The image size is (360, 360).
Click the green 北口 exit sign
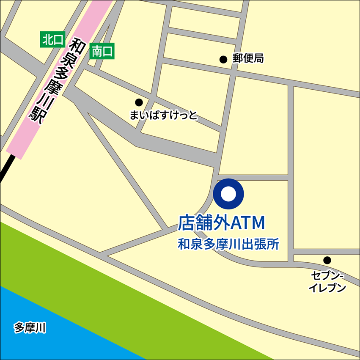click(x=52, y=40)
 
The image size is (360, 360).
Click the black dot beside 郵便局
click(x=223, y=59)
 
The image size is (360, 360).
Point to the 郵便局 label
click(x=248, y=59)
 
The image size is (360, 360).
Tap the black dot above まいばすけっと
click(x=139, y=102)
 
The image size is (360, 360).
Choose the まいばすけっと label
click(x=163, y=115)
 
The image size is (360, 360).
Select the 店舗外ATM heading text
click(x=221, y=223)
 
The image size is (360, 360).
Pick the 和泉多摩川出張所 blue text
click(x=228, y=245)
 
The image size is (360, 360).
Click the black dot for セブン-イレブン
click(x=327, y=260)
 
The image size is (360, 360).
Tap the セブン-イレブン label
click(x=327, y=282)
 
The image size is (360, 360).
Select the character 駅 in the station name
click(x=37, y=116)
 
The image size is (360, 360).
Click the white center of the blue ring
click(x=228, y=194)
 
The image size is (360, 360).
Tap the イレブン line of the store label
click(x=327, y=288)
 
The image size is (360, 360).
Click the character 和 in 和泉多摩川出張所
click(x=183, y=245)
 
